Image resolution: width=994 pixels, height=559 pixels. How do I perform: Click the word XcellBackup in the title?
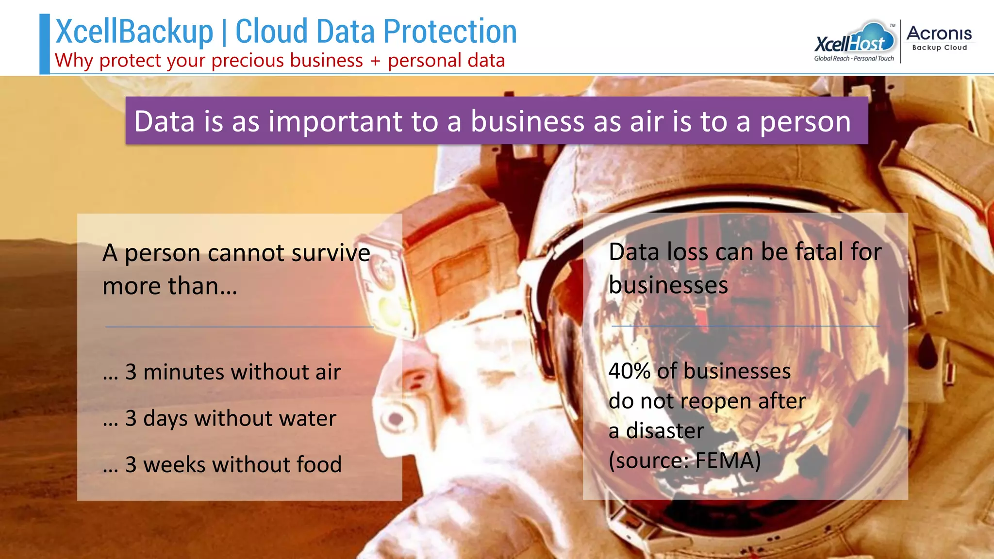[x=134, y=32]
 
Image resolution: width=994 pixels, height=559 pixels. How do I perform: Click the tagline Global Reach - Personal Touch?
[x=854, y=59]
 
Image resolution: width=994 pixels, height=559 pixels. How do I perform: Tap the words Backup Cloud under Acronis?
[x=939, y=48]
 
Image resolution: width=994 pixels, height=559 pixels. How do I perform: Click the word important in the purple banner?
[x=335, y=121]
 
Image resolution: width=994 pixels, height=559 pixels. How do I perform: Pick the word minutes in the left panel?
[x=183, y=372]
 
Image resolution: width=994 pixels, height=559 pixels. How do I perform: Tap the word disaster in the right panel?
[x=664, y=431]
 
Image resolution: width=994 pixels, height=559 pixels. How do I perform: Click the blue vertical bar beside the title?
[x=45, y=44]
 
